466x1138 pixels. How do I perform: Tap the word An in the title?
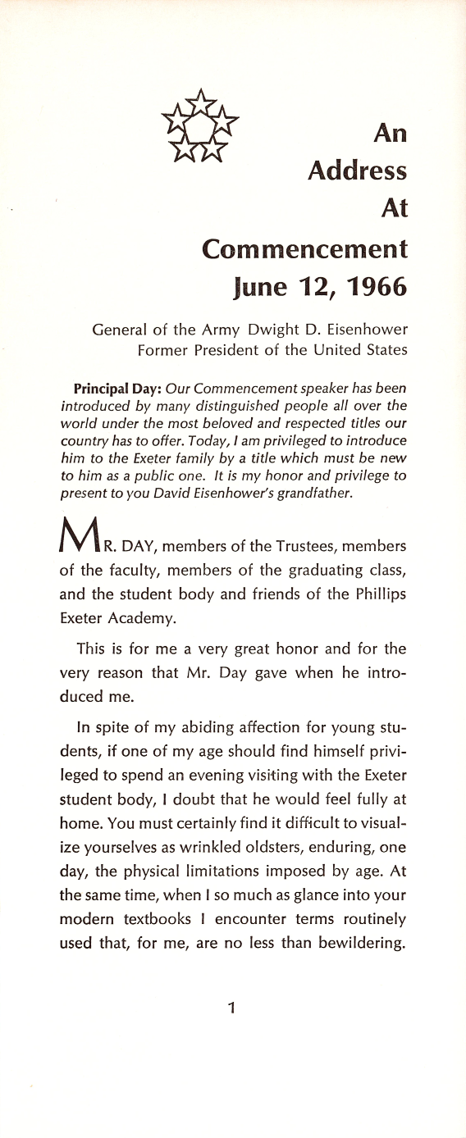coord(390,133)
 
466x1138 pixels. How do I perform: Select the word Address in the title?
coord(357,171)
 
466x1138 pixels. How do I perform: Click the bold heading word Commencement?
coord(304,248)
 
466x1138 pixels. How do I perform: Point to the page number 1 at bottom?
coord(232,1008)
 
